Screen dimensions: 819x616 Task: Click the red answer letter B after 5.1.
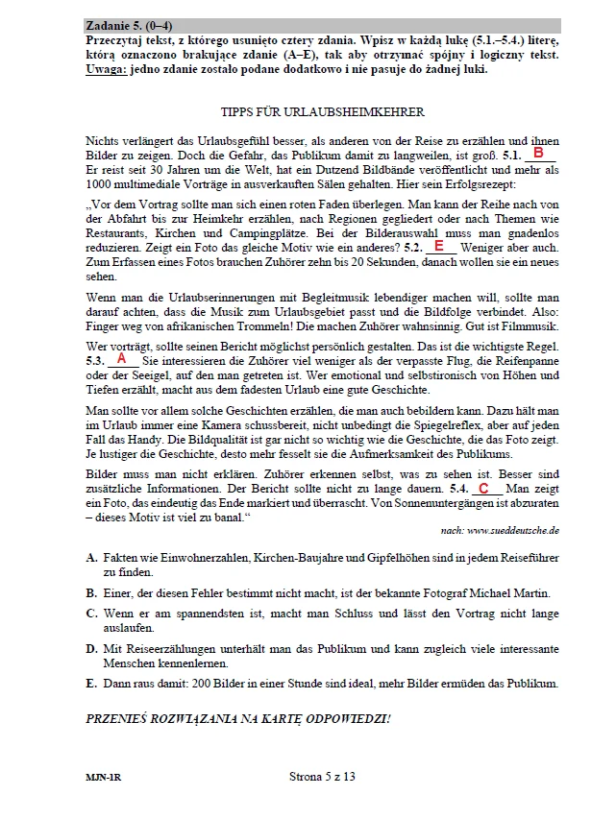coord(539,154)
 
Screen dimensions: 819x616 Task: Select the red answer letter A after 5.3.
coord(121,357)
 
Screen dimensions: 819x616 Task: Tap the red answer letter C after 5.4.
coord(483,489)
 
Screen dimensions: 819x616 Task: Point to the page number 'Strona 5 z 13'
coord(322,778)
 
